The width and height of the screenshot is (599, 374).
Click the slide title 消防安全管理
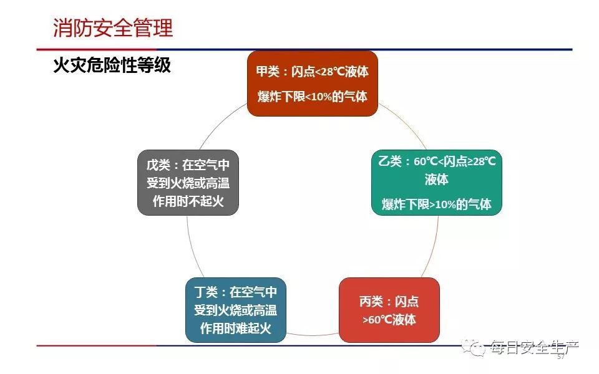click(113, 27)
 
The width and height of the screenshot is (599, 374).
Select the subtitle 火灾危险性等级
click(112, 65)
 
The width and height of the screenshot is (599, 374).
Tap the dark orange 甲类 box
click(313, 84)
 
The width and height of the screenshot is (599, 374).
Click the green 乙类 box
click(436, 183)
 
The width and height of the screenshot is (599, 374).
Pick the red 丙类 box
click(389, 310)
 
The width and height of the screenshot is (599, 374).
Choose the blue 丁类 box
click(236, 310)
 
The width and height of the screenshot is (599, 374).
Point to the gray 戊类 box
click(188, 183)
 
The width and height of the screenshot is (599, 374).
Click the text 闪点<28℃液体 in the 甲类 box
click(330, 72)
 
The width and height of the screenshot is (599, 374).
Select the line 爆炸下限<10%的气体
click(313, 96)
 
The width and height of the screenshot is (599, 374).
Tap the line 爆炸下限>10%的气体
click(436, 204)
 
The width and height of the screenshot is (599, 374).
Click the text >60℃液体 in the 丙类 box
click(389, 319)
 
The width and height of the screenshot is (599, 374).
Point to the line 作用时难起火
click(236, 328)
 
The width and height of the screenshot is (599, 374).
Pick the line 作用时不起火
click(188, 201)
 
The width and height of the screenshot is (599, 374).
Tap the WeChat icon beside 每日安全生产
click(474, 347)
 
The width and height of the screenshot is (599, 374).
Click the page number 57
click(561, 357)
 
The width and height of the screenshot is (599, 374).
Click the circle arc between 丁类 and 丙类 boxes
click(313, 335)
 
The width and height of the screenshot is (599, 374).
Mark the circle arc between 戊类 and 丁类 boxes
click(193, 247)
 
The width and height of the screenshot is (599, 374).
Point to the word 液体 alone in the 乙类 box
click(436, 179)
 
